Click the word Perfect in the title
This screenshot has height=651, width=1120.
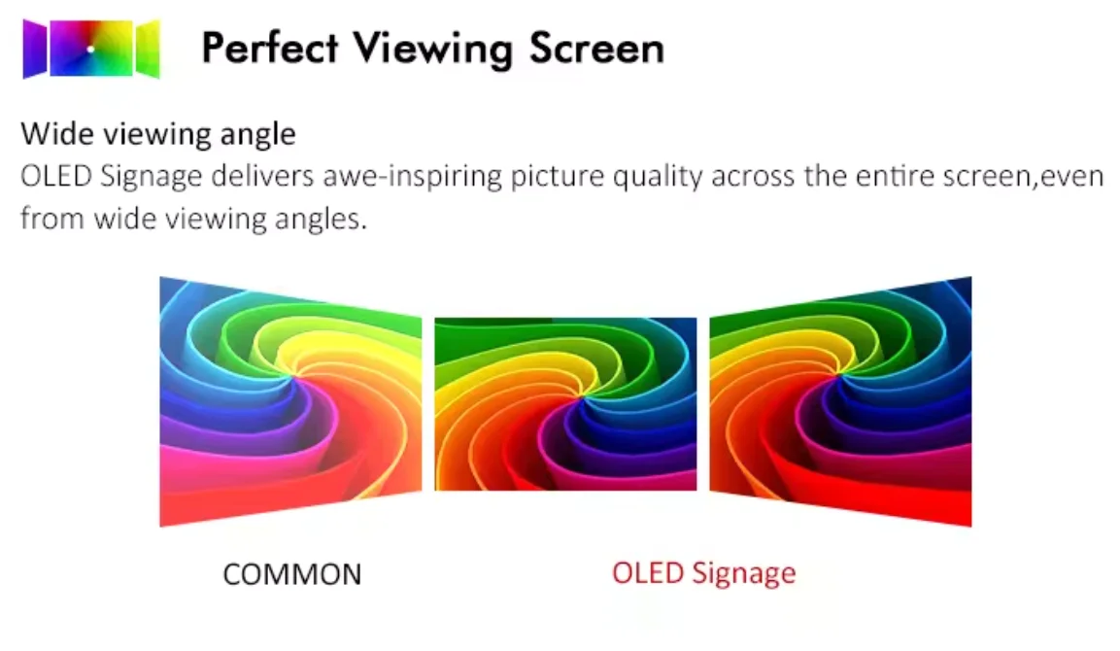point(269,48)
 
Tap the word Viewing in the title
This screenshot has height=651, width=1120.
point(433,50)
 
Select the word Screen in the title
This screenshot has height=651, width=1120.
point(597,49)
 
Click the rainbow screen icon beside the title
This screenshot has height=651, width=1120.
point(91,49)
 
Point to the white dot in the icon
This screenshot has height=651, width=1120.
point(90,50)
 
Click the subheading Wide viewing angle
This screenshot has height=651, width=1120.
point(158,134)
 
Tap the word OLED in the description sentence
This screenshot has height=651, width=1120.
point(56,176)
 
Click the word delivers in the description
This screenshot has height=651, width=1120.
point(262,176)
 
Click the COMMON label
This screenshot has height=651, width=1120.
point(292,574)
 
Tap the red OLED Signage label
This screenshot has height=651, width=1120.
point(703,573)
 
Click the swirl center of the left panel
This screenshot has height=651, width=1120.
point(291,375)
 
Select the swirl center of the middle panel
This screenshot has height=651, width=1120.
point(580,394)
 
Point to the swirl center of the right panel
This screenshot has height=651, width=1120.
point(840,373)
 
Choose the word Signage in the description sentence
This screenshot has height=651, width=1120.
point(152,177)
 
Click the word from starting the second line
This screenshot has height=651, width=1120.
point(52,218)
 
